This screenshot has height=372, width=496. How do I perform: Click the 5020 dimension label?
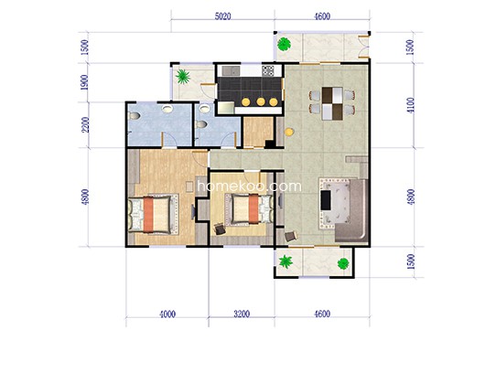223,16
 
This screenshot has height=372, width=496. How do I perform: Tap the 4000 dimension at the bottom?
167,314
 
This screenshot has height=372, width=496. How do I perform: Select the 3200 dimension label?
242,314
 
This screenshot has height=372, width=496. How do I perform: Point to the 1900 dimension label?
84,82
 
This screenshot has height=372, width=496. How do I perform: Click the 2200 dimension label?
85,125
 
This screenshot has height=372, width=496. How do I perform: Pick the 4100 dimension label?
410,105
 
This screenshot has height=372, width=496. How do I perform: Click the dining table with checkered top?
332,103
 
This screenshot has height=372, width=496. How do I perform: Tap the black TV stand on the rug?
326,200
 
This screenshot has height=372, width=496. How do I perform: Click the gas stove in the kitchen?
268,70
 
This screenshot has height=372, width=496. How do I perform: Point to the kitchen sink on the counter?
232,70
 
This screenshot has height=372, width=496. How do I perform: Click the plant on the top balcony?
284,44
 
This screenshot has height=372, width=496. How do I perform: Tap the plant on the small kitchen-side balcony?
183,77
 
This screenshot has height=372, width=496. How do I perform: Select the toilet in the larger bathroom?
135,116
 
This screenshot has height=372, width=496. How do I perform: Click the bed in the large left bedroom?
153,214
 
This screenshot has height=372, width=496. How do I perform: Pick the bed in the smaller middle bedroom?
249,209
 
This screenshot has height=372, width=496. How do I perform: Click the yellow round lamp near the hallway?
289,132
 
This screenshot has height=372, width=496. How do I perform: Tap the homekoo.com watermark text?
249,186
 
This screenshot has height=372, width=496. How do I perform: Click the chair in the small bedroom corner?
220,229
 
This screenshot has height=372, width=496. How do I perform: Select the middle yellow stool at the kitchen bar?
261,101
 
